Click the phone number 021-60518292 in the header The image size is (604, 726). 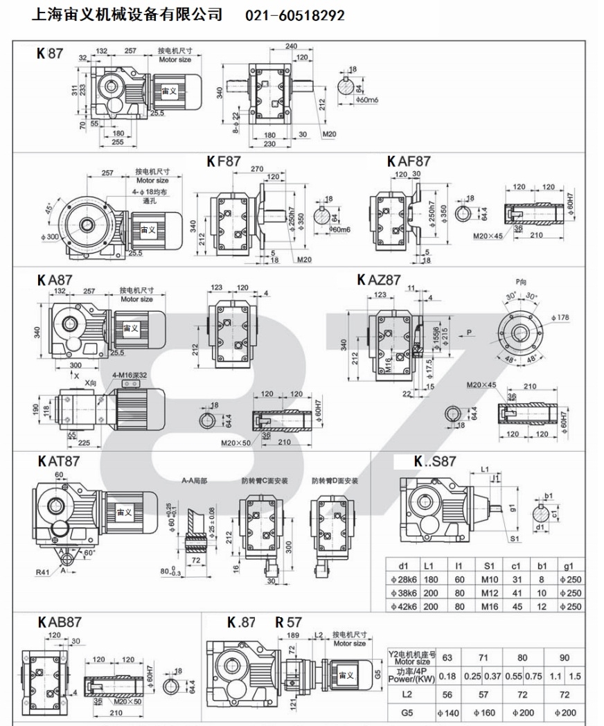pyautogui.click(x=295, y=15)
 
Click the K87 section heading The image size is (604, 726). pyautogui.click(x=49, y=53)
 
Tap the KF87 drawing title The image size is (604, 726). pyautogui.click(x=223, y=161)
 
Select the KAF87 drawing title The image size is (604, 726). pyautogui.click(x=409, y=161)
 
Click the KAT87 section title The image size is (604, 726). pyautogui.click(x=57, y=461)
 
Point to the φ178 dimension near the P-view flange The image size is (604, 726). pyautogui.click(x=562, y=318)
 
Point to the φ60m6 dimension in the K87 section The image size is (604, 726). pyautogui.click(x=361, y=101)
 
